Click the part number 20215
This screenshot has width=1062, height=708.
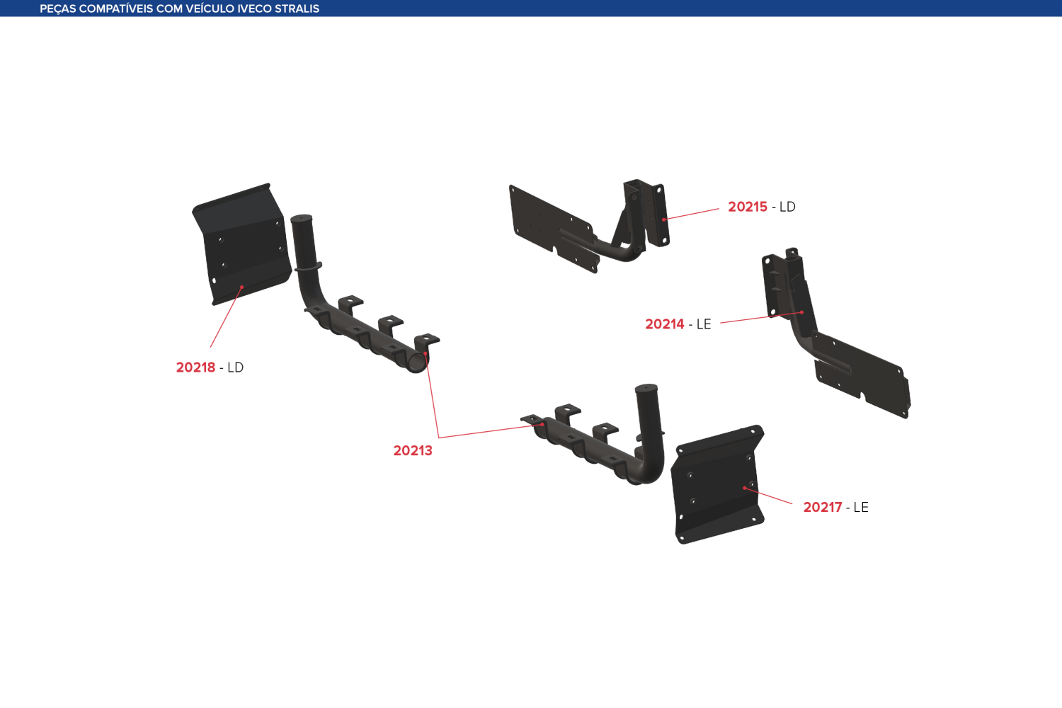click(x=747, y=207)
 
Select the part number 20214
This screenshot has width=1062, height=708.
click(x=664, y=324)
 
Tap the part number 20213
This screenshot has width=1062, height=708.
click(x=413, y=450)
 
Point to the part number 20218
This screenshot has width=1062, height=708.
click(x=195, y=367)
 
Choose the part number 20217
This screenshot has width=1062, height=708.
click(x=823, y=508)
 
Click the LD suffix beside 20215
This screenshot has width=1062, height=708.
click(x=787, y=207)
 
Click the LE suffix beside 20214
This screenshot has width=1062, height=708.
click(x=704, y=324)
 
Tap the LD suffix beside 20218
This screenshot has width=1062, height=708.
click(x=236, y=367)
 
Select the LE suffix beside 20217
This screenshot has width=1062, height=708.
click(x=861, y=508)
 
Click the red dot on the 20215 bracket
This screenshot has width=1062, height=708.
click(x=664, y=219)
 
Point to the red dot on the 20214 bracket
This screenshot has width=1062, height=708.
click(x=801, y=312)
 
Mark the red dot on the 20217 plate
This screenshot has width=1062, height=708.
click(x=745, y=488)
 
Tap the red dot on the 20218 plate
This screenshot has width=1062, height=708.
click(x=242, y=287)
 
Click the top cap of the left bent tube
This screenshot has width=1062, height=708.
click(x=302, y=219)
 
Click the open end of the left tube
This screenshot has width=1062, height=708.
click(x=417, y=363)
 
